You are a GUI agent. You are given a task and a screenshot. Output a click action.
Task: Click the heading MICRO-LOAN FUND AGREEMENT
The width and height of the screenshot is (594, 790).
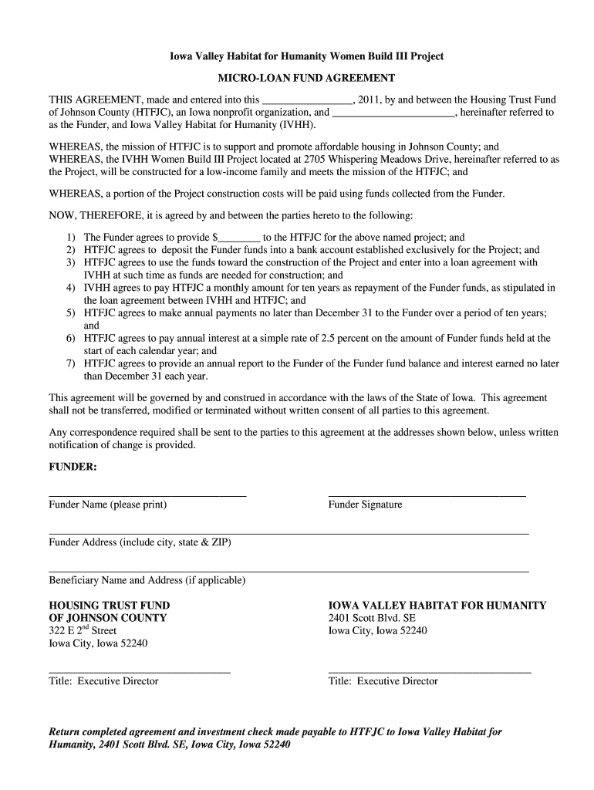[x=306, y=78]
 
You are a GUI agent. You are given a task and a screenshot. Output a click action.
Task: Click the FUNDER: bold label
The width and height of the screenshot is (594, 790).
[x=73, y=467]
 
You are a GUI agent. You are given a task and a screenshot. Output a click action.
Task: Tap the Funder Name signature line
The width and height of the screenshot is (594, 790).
[x=147, y=494]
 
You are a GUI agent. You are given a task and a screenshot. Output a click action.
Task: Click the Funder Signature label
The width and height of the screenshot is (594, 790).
[x=365, y=505]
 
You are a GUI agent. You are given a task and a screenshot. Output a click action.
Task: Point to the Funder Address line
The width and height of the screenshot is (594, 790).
[x=289, y=533]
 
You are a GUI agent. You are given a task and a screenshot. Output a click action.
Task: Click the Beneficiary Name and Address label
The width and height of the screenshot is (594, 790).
[x=147, y=580]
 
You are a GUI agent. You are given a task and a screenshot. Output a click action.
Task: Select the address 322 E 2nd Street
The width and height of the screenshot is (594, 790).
[x=83, y=631]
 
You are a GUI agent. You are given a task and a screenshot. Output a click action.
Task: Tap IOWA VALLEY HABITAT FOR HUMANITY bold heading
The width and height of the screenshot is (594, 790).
[x=437, y=606]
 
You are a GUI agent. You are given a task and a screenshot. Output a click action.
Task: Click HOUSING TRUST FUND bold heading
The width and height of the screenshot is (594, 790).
[x=110, y=606]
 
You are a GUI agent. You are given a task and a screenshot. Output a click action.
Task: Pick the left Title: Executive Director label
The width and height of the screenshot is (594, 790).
[x=103, y=681]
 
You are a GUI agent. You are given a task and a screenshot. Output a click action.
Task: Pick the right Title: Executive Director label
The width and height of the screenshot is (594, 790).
[x=383, y=681]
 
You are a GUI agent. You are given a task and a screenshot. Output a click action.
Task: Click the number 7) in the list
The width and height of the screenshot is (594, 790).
[x=70, y=363]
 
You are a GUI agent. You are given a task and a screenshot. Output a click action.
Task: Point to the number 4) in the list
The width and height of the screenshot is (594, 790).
[x=70, y=288]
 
